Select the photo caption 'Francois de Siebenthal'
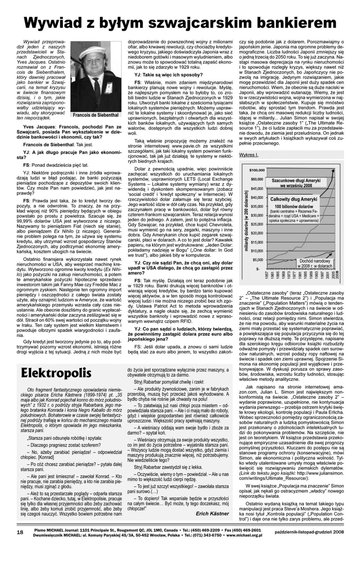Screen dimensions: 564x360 (96, 115)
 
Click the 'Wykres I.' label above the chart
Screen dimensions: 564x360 (249, 155)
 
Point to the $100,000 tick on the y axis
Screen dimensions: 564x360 (257, 170)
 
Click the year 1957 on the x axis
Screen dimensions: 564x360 (267, 276)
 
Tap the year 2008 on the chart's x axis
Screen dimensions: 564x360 (337, 276)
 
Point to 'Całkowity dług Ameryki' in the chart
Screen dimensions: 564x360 (294, 199)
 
